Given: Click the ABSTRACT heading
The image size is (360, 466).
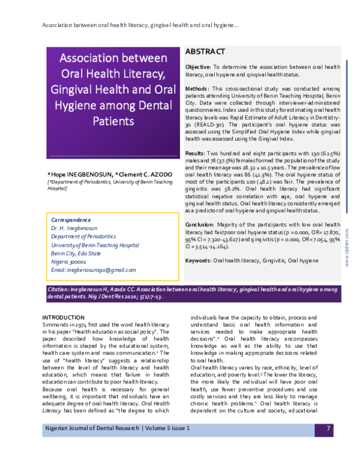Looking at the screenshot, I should click(x=205, y=52).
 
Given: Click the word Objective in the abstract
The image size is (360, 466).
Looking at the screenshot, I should click(x=197, y=67).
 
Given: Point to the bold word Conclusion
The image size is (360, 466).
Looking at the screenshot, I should click(x=200, y=223).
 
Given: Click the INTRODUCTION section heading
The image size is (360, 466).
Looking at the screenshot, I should click(x=63, y=317).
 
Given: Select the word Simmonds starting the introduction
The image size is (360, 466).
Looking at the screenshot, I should click(x=57, y=324).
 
